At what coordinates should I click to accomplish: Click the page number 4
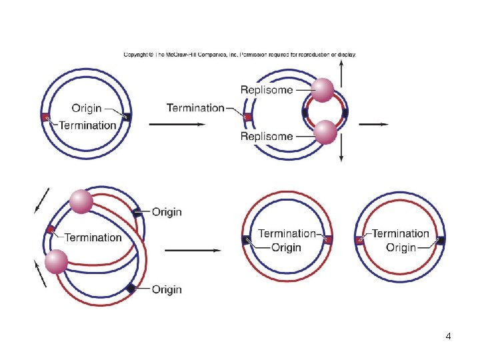point(448,336)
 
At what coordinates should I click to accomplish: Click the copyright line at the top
point(240,55)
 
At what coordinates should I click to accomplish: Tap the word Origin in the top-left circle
point(87,108)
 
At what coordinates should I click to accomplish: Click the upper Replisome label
point(266,90)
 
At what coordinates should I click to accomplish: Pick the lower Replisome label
point(266,137)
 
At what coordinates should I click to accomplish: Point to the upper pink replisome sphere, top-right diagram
point(323,89)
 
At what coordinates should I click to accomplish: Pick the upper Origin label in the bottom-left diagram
point(167,212)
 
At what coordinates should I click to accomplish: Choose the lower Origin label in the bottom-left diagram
point(167,289)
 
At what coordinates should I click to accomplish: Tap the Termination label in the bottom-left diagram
point(93,237)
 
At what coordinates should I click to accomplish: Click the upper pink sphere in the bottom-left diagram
point(81,201)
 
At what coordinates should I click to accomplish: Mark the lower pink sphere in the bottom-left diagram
point(56,261)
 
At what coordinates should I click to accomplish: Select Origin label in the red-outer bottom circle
point(286,247)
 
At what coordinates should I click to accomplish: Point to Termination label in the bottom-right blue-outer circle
point(400,233)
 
